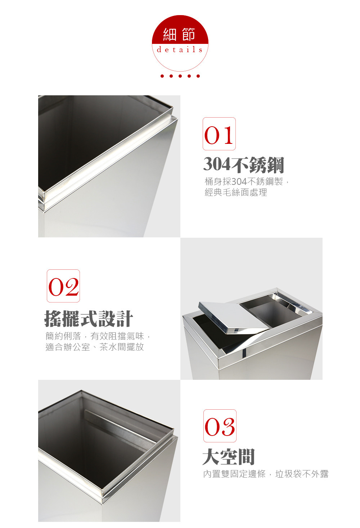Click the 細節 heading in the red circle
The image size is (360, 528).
coord(179,35)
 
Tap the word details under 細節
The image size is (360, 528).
coord(180,50)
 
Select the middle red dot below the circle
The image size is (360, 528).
coord(180,76)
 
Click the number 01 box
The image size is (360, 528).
coord(219,134)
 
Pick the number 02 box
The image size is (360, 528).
coord(63,286)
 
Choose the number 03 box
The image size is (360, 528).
coord(220,426)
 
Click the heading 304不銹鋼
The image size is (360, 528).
coord(244,164)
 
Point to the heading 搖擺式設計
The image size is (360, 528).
coord(89,318)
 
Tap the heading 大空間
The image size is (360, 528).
coord(229,457)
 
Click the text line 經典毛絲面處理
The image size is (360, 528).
coord(236,192)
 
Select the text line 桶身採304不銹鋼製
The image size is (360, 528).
coord(244,182)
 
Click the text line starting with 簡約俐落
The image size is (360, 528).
coord(98,336)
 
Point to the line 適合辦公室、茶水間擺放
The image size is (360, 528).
coord(95,347)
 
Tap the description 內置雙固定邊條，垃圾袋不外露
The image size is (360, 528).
coord(266,474)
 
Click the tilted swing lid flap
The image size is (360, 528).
coord(234,317)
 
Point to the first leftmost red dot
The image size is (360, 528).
coord(162,76)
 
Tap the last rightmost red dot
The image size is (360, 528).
coord(198,76)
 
